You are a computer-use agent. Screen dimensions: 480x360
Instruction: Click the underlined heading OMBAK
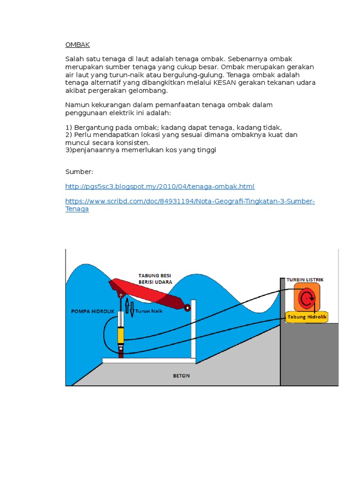click(x=77, y=45)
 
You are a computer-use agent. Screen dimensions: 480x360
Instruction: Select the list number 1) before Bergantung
click(x=68, y=127)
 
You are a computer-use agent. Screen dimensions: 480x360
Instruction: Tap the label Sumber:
click(x=79, y=172)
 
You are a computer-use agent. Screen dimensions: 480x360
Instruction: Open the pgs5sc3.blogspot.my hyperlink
click(x=160, y=187)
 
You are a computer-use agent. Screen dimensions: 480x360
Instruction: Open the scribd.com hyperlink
click(x=190, y=202)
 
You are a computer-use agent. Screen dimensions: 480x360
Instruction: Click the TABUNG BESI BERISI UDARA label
click(x=155, y=278)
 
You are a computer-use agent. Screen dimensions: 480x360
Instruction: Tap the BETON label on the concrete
click(x=181, y=375)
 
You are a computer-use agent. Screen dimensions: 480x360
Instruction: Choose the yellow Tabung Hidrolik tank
click(x=307, y=317)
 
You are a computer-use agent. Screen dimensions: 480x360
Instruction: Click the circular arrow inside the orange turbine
click(x=307, y=298)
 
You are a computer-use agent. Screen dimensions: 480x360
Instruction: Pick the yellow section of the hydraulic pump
click(x=121, y=336)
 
